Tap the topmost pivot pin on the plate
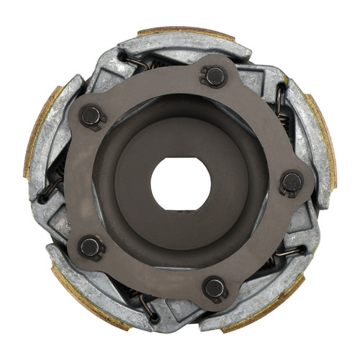[214, 76]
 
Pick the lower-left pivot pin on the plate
[91, 248]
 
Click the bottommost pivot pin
[215, 288]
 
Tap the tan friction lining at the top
[186, 32]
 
